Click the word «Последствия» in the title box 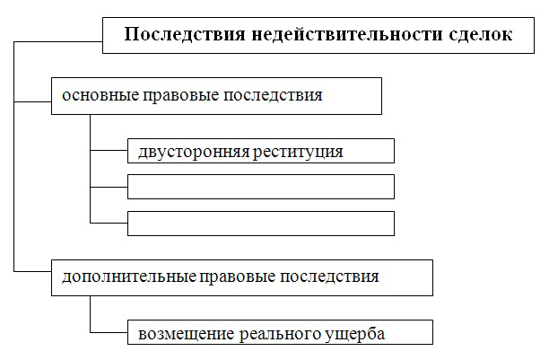point(185,35)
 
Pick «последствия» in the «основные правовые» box point(273,95)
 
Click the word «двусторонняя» point(194,152)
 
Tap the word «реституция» point(298,152)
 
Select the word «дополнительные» point(129,277)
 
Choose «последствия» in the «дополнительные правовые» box point(329,277)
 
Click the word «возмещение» point(187,334)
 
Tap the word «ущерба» point(354,333)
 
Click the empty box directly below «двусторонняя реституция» point(261,187)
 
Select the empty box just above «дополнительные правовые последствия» point(261,224)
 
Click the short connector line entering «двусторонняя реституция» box point(109,151)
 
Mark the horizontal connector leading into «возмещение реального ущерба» point(109,332)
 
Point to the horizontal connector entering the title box point(58,42)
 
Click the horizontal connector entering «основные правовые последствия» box point(32,102)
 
